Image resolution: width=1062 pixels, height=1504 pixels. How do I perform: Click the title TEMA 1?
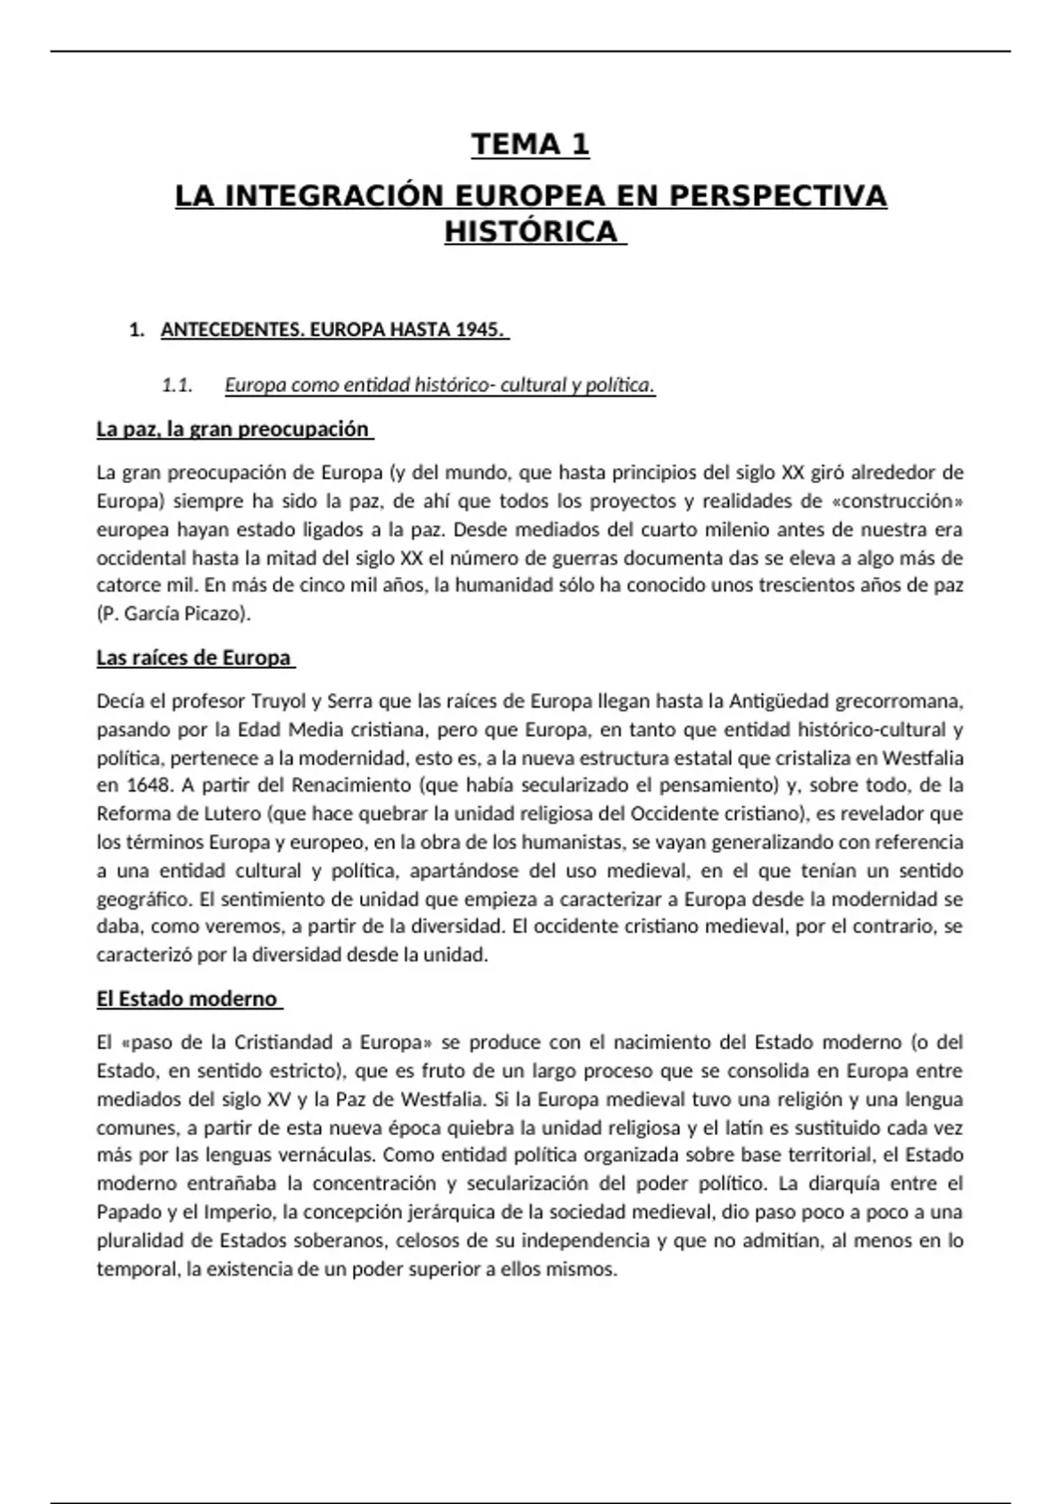point(530,144)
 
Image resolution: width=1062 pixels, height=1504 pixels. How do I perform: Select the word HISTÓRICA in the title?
point(530,231)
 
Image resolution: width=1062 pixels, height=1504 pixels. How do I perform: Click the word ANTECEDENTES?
point(224,330)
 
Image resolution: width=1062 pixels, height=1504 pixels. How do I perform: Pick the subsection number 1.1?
point(177,385)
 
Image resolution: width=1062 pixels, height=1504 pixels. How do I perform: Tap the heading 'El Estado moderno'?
point(187,999)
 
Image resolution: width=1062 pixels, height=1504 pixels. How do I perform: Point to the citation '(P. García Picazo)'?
point(173,614)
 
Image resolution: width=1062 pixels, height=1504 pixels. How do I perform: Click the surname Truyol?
point(278,702)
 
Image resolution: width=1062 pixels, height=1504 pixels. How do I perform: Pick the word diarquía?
point(844,1184)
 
